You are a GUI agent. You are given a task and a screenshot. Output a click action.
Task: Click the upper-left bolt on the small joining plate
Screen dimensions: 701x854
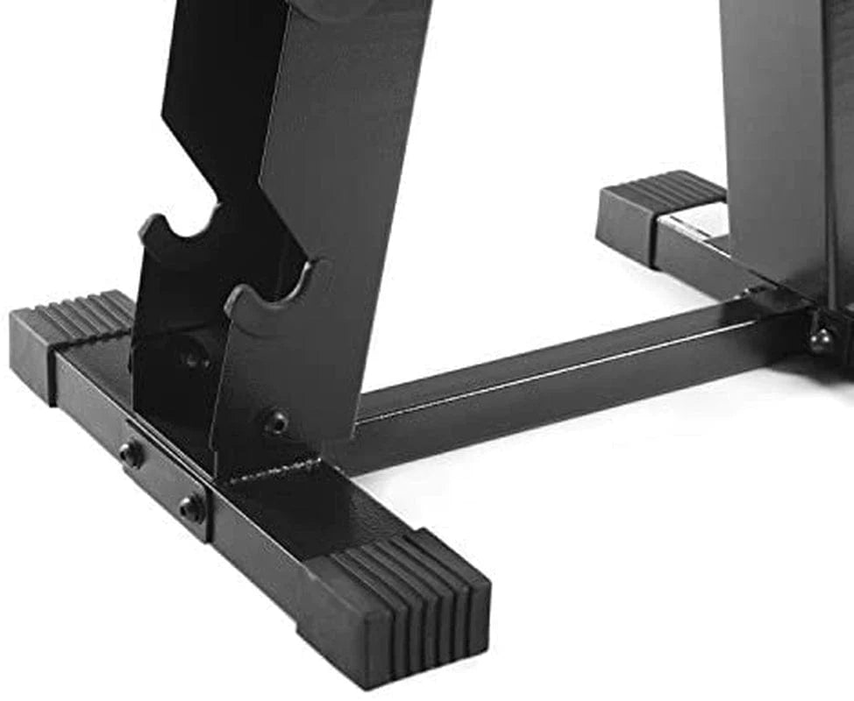[x=132, y=453]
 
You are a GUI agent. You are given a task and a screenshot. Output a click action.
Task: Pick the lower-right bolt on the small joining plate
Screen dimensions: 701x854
[x=190, y=507]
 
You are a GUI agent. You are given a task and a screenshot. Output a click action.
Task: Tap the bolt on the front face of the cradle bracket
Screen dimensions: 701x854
[x=276, y=423]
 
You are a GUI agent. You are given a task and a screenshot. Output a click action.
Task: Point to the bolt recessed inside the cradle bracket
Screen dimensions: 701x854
[x=190, y=356]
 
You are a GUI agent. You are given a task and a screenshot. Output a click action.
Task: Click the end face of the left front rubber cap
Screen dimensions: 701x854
[x=31, y=355]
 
